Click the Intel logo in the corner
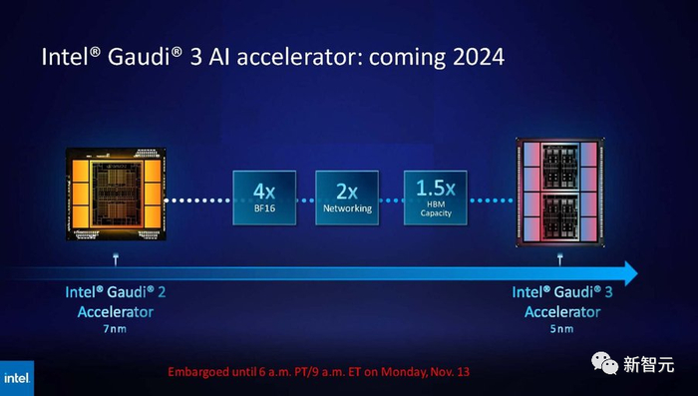pyautogui.click(x=17, y=378)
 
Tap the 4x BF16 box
pyautogui.click(x=264, y=198)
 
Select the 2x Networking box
pyautogui.click(x=347, y=198)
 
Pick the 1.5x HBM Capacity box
pyautogui.click(x=436, y=198)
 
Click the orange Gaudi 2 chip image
pyautogui.click(x=116, y=194)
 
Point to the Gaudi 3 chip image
pyautogui.click(x=560, y=193)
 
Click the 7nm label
pyautogui.click(x=115, y=329)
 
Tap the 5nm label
pyautogui.click(x=561, y=329)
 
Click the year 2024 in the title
pyautogui.click(x=478, y=57)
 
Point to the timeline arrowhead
pyautogui.click(x=631, y=273)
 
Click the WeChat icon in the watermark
pyautogui.click(x=604, y=363)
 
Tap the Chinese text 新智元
pyautogui.click(x=648, y=364)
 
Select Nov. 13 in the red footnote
pyautogui.click(x=450, y=371)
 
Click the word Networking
pyautogui.click(x=347, y=208)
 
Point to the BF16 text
pyautogui.click(x=264, y=208)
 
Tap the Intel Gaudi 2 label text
pyautogui.click(x=116, y=292)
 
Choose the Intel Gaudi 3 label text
pyautogui.click(x=562, y=292)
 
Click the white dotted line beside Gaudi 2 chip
pyautogui.click(x=198, y=200)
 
